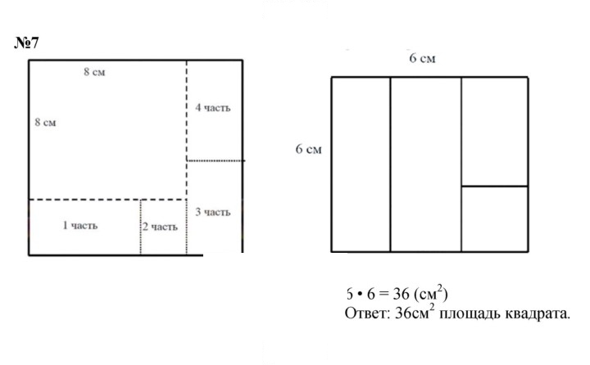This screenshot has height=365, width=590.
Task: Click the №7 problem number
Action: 26,43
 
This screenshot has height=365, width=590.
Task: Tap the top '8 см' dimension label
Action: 94,72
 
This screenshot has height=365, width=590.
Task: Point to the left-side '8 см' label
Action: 46,122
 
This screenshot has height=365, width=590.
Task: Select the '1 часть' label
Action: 80,226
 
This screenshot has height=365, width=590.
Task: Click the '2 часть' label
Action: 160,227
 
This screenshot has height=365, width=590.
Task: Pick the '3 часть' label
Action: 212,212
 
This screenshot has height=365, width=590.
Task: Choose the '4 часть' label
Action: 212,108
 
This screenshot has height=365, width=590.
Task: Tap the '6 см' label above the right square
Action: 422,58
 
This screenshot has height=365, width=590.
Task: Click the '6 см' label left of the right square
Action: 309,149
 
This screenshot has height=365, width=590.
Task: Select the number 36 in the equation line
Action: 401,294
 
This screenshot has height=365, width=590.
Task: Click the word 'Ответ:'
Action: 367,313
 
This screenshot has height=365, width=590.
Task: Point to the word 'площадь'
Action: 470,314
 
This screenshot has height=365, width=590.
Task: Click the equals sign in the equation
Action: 383,294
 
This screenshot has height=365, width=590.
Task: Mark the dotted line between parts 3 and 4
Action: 216,160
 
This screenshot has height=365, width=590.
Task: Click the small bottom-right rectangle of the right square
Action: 494,219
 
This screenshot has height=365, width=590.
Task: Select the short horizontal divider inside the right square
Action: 494,186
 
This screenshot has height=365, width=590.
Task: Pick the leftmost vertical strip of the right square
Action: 361,164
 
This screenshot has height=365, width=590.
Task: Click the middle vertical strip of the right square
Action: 426,164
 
